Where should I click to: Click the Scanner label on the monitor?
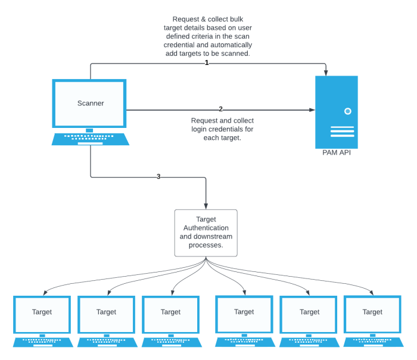(x=91, y=103)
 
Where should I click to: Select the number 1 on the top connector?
(x=207, y=62)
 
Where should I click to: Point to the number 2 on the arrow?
(x=220, y=109)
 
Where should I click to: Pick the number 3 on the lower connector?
(x=158, y=176)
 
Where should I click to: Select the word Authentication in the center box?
(x=206, y=228)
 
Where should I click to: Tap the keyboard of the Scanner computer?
(x=91, y=139)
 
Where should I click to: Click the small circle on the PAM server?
(x=347, y=111)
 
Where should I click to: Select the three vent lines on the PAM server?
(x=342, y=132)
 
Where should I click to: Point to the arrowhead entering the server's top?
(x=326, y=73)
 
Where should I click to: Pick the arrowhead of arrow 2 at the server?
(x=312, y=109)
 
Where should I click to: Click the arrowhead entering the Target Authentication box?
(x=206, y=206)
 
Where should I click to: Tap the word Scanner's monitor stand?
(x=90, y=130)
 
